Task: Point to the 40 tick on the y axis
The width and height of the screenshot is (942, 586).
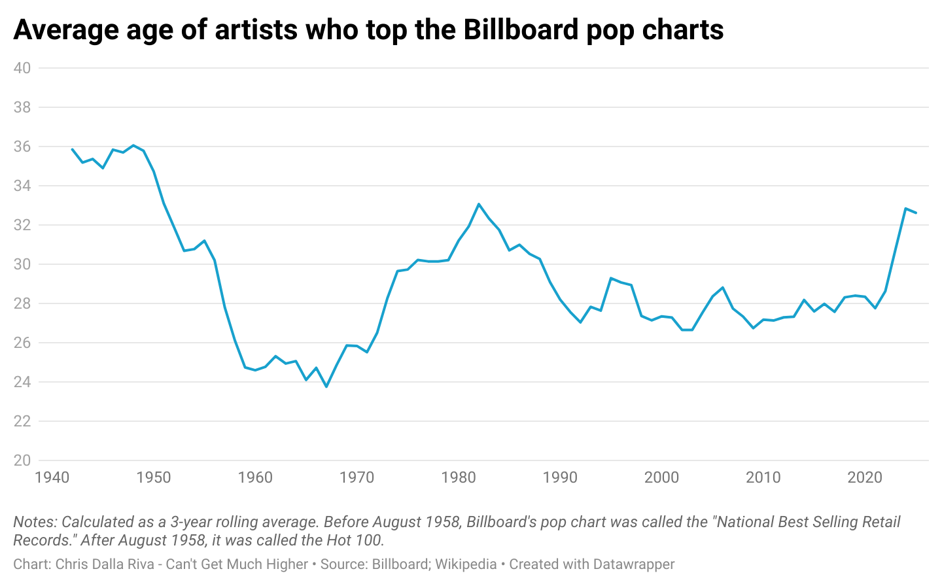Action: pyautogui.click(x=22, y=68)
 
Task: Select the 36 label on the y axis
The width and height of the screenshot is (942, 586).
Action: pyautogui.click(x=22, y=146)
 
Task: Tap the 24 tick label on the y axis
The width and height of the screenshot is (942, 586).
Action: pyautogui.click(x=22, y=382)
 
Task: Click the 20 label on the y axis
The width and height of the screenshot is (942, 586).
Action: pyautogui.click(x=22, y=460)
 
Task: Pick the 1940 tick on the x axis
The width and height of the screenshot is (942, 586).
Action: pyautogui.click(x=52, y=477)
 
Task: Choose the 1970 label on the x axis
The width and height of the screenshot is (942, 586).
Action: pyautogui.click(x=357, y=477)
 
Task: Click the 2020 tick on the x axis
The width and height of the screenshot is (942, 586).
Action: pyautogui.click(x=865, y=477)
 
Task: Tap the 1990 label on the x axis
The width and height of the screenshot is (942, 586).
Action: pyautogui.click(x=560, y=477)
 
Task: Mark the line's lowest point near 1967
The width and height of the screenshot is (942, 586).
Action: pyautogui.click(x=326, y=387)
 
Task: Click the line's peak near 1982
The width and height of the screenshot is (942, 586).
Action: pyautogui.click(x=479, y=204)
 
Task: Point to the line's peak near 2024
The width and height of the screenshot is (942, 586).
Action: pyautogui.click(x=905, y=209)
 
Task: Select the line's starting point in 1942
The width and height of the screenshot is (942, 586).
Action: pyautogui.click(x=72, y=149)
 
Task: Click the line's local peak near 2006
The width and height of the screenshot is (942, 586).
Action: pyautogui.click(x=723, y=287)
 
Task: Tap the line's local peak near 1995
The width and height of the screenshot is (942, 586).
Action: pyautogui.click(x=610, y=278)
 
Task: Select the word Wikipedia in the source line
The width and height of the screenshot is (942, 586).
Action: pyautogui.click(x=466, y=564)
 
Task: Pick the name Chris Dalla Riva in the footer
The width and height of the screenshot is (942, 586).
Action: pyautogui.click(x=105, y=564)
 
